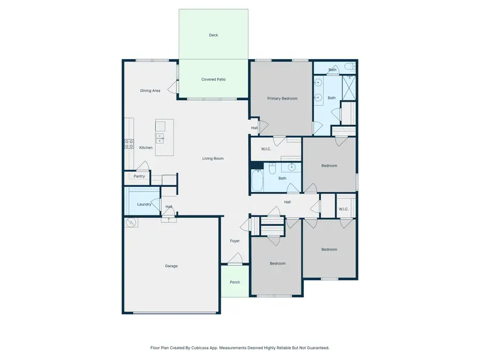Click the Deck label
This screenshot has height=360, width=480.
(213, 35)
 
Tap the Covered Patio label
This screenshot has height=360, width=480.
(213, 79)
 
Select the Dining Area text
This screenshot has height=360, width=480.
(150, 91)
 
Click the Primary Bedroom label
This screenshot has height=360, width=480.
(282, 98)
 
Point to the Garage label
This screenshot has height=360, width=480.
(171, 266)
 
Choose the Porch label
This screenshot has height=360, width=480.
(235, 282)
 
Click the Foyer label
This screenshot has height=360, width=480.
(235, 241)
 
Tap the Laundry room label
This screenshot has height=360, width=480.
(144, 204)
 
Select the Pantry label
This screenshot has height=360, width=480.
(139, 176)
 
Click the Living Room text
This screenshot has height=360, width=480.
(213, 158)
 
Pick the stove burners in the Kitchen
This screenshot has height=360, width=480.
(129, 143)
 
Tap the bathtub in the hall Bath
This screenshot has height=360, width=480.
(258, 180)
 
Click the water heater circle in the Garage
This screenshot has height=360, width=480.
(131, 223)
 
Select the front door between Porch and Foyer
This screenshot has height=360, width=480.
(235, 263)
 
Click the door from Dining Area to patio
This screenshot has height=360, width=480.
(173, 87)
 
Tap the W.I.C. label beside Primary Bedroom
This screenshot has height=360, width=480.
(266, 149)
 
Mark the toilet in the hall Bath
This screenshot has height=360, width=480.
(273, 170)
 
